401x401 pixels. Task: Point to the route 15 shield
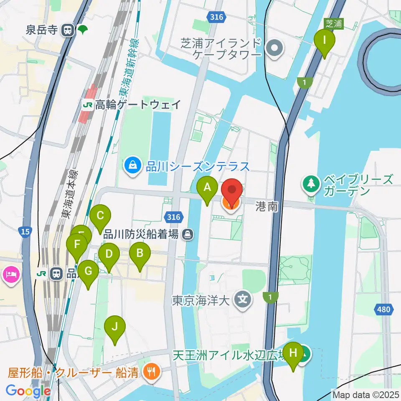[25, 231]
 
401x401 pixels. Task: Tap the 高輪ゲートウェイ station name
[138, 104]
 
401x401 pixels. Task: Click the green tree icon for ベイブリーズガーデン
[311, 184]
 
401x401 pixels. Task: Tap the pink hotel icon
[10, 274]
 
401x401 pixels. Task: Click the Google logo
[28, 391]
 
